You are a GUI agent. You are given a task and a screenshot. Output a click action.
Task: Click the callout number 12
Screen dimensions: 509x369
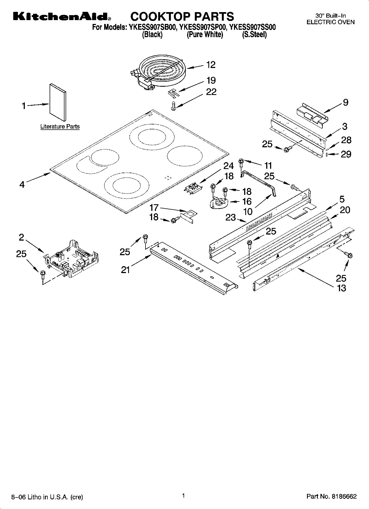point(211,65)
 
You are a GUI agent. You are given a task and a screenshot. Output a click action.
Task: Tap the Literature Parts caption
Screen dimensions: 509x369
point(60,127)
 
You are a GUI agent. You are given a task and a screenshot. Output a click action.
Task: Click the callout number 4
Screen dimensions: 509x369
point(22,184)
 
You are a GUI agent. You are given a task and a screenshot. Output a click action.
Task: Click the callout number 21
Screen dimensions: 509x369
point(125,270)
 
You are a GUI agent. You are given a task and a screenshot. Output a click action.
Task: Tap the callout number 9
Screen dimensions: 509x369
point(346,102)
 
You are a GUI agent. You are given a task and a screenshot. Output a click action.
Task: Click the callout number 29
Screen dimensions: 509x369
point(346,154)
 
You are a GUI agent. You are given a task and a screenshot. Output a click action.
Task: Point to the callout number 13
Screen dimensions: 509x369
point(341,288)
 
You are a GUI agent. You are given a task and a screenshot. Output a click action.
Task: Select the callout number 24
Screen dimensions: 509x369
point(228,166)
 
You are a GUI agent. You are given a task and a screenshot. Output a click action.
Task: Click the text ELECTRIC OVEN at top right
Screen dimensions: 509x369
point(330,22)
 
